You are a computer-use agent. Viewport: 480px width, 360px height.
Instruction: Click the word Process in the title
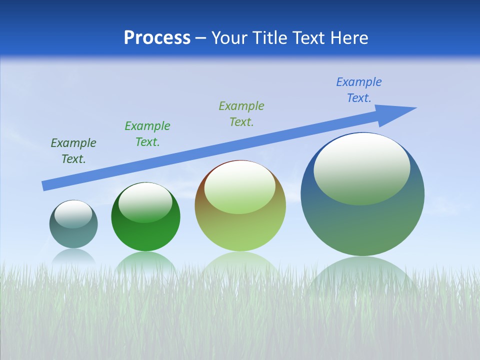(157, 37)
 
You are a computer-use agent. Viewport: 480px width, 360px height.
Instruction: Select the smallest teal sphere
(73, 235)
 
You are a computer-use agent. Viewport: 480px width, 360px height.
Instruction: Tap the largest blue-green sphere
(362, 225)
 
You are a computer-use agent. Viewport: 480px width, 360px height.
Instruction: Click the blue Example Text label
(358, 90)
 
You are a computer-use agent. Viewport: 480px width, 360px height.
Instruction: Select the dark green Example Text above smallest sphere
(73, 151)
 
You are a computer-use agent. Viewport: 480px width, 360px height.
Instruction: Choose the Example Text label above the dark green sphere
(147, 134)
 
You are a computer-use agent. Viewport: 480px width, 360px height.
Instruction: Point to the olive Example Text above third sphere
(241, 114)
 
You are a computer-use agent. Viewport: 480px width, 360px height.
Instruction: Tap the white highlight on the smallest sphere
(73, 214)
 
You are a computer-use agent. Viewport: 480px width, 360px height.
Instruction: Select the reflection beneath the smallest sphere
(73, 256)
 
